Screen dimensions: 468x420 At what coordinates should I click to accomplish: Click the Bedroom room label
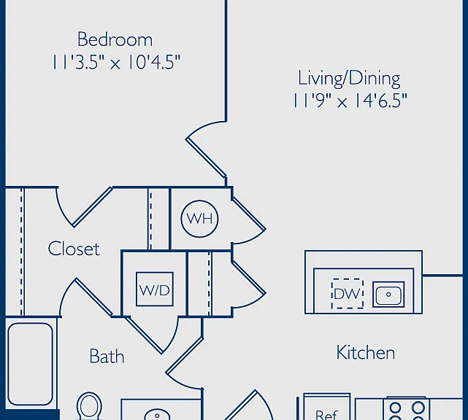[x=115, y=39]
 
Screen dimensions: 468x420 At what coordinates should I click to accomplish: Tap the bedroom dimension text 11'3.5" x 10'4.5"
[x=116, y=62]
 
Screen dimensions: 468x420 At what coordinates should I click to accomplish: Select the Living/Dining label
[x=349, y=79]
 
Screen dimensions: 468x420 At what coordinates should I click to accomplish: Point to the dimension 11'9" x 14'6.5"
[x=350, y=101]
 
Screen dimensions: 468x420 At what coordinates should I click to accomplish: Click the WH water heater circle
[x=199, y=219]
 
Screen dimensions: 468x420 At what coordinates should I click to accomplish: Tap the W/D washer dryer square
[x=155, y=289]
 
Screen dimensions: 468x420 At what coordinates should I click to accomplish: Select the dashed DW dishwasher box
[x=348, y=294]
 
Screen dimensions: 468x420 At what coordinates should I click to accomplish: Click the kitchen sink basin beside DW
[x=388, y=295]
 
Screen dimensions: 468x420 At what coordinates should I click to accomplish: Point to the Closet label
[x=74, y=249]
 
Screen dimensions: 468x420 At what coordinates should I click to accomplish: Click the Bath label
[x=107, y=356]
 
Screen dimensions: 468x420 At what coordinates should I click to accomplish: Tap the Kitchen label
[x=366, y=352]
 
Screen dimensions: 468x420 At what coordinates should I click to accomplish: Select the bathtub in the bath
[x=30, y=364]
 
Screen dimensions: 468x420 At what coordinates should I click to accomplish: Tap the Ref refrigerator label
[x=326, y=414]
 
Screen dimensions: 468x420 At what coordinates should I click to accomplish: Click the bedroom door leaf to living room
[x=206, y=158]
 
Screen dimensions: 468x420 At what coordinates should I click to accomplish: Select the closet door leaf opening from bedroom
[x=93, y=207]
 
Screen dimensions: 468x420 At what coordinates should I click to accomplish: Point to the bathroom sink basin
[x=157, y=415]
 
